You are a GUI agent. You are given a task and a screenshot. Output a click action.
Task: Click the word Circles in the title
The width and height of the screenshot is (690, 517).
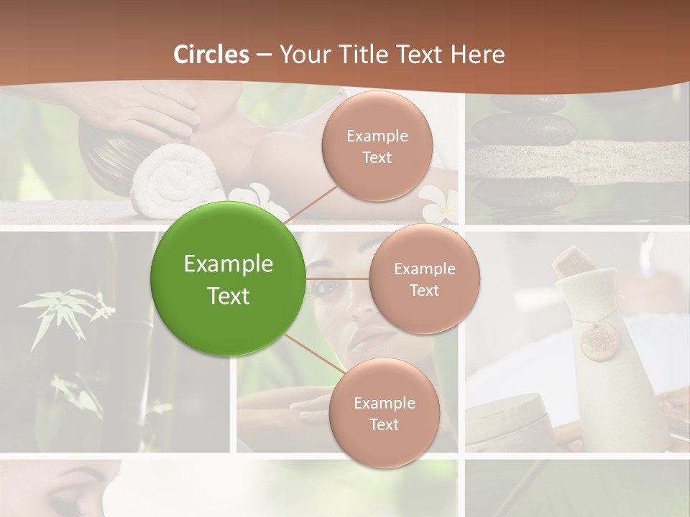[x=211, y=55]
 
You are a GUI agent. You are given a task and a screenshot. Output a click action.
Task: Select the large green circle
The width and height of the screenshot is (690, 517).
[x=228, y=279]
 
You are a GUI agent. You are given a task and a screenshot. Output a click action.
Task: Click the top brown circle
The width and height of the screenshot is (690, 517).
[x=377, y=146]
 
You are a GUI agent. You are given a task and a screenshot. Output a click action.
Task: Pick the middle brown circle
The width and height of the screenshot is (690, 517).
[x=424, y=279]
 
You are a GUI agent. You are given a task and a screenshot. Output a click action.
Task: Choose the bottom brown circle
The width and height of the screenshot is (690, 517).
[x=384, y=414]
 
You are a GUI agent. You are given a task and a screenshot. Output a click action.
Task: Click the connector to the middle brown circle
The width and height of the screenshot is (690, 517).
[x=337, y=279]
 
